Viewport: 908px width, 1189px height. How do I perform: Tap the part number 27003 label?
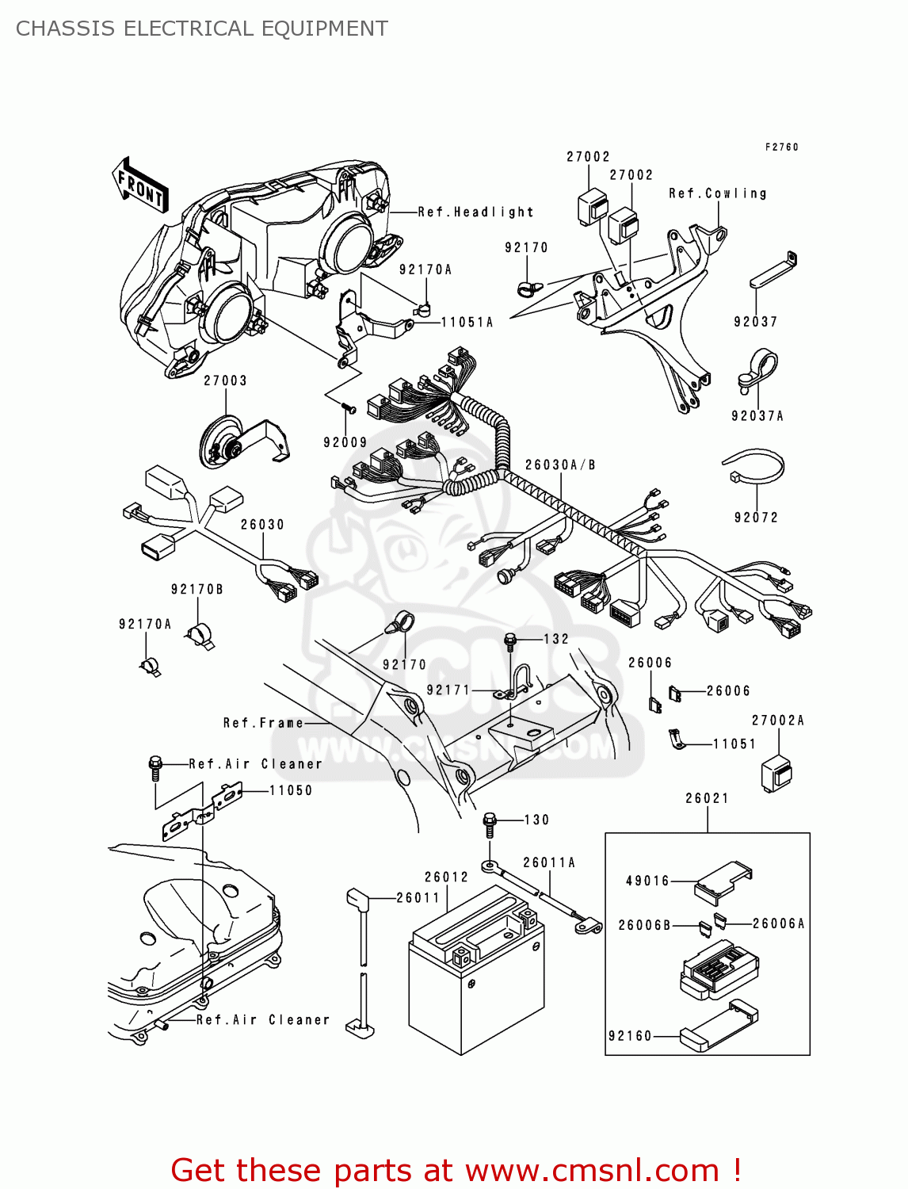[x=225, y=380]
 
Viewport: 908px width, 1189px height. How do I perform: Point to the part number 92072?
[x=756, y=518]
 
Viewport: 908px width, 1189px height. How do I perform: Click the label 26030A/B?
[x=560, y=465]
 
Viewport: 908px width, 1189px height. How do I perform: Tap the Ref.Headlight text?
[x=475, y=212]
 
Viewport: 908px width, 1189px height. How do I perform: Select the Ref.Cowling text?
[x=718, y=193]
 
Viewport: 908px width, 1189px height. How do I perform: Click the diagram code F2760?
[x=781, y=147]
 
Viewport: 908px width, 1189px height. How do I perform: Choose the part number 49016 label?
[x=647, y=881]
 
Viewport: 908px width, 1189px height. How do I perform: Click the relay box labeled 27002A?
[x=776, y=773]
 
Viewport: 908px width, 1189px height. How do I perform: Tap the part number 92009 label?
[x=345, y=442]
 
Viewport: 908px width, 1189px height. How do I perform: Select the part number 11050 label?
[x=291, y=790]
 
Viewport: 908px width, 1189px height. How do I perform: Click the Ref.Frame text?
[x=263, y=723]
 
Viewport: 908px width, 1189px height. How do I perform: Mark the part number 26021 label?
[x=707, y=798]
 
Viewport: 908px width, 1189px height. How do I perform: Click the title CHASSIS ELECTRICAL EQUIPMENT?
[x=202, y=29]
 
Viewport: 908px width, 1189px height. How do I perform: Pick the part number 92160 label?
[x=630, y=1036]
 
